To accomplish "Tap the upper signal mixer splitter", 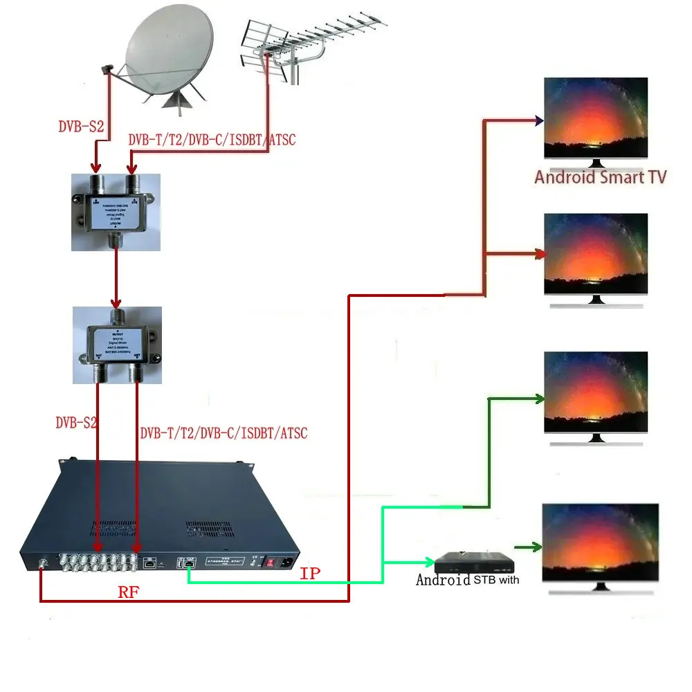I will pos(116,211).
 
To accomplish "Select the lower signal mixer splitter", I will pos(117,345).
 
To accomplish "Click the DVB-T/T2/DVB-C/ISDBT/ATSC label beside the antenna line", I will pos(212,140).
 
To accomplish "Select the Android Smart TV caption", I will pos(600,177).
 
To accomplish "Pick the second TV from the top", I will pos(596,255).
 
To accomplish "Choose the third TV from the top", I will pos(596,392).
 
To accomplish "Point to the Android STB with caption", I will pos(468,580).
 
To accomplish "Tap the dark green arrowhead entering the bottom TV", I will pos(536,548).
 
